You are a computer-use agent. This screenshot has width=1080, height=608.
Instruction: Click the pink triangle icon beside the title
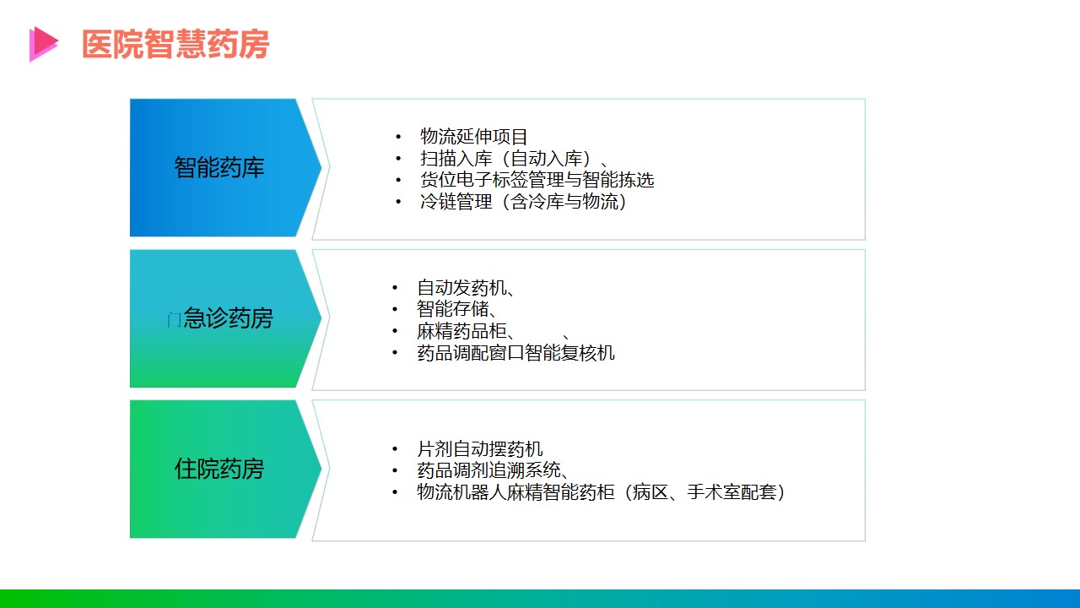(42, 44)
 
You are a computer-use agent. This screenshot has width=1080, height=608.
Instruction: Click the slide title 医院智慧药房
(175, 44)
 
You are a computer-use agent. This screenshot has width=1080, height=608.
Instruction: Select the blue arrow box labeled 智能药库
(225, 167)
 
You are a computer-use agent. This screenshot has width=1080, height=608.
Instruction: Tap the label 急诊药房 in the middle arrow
(228, 318)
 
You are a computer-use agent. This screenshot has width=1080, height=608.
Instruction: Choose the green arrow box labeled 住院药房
(225, 469)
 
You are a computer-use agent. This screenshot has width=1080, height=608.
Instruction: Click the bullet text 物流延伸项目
(473, 137)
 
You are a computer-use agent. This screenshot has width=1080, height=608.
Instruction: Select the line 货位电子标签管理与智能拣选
(537, 180)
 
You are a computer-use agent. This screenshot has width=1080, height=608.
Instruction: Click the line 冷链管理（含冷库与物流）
(523, 201)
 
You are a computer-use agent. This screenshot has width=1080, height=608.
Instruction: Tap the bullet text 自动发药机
(462, 288)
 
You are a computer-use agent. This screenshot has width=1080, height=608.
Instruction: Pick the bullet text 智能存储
(453, 309)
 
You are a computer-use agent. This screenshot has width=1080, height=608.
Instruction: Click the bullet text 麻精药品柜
(462, 331)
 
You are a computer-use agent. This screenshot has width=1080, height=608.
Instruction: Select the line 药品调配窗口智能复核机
(516, 353)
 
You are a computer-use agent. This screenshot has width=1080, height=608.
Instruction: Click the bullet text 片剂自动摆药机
(480, 448)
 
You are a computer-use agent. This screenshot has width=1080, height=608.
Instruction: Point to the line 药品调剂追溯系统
(489, 470)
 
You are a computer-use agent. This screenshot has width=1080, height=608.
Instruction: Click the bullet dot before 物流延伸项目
(398, 137)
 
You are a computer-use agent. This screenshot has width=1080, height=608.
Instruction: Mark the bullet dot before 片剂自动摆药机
(395, 449)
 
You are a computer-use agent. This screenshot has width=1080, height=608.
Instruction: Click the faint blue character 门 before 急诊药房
(174, 319)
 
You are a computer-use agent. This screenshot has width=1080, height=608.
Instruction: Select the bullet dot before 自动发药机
(395, 288)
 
